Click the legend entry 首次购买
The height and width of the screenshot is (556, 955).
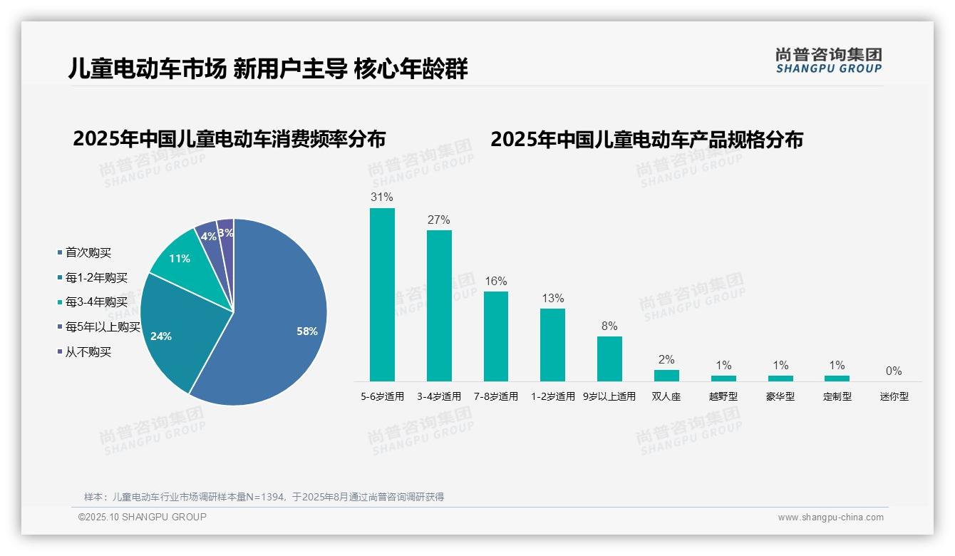[x=88, y=253]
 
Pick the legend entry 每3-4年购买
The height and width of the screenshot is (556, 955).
[x=96, y=302]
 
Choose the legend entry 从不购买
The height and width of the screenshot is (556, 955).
[x=88, y=352]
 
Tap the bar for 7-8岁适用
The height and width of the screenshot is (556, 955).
[x=496, y=336]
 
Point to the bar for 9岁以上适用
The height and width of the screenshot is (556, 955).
[x=609, y=359]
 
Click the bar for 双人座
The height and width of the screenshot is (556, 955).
[x=666, y=375]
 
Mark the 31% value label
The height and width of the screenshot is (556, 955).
[x=382, y=197]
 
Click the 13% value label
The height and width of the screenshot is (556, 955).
[x=552, y=298]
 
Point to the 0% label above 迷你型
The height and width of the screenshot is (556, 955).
[x=894, y=371]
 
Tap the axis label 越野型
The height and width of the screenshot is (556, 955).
[x=723, y=396]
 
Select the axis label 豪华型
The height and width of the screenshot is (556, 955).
[x=780, y=396]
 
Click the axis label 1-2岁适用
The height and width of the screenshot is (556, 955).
[x=552, y=396]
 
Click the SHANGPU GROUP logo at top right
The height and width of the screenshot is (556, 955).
[x=829, y=60]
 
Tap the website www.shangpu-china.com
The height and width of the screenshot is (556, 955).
[x=830, y=518]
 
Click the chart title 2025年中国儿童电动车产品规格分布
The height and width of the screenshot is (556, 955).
[x=646, y=140]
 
